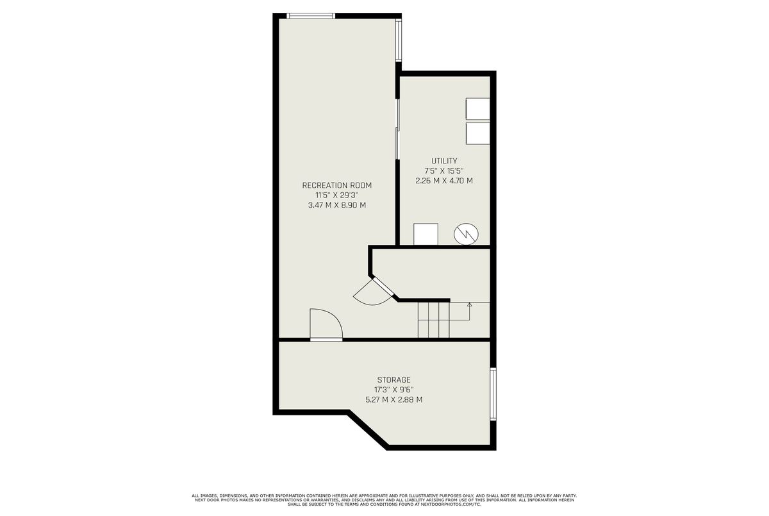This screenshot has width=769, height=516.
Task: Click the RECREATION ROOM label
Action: tap(337, 185)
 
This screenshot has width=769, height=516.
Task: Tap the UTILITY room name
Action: tap(444, 161)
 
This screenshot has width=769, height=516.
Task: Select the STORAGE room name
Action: tap(393, 379)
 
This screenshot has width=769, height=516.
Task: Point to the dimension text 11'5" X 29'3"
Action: tap(337, 196)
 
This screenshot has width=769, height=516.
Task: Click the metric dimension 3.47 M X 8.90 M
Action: tap(337, 205)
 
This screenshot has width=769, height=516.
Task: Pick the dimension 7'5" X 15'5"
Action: tap(444, 171)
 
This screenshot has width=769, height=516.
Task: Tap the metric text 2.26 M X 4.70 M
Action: tap(444, 181)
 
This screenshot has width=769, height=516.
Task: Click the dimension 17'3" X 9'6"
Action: tap(393, 390)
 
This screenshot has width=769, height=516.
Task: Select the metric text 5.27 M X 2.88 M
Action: tap(393, 399)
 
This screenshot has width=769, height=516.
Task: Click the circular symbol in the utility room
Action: tap(467, 234)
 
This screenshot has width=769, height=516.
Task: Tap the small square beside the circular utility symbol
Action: tap(426, 234)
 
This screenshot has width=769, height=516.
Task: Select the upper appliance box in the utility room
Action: tap(477, 109)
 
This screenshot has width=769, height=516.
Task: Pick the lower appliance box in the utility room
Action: tap(477, 133)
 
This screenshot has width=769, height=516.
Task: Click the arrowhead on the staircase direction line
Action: tap(470, 304)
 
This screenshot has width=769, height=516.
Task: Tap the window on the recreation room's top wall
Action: tap(311, 16)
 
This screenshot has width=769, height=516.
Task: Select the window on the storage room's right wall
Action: tap(493, 394)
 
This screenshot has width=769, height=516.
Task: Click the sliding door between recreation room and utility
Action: tap(397, 129)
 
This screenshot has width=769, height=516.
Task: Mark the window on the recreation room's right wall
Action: tap(398, 40)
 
